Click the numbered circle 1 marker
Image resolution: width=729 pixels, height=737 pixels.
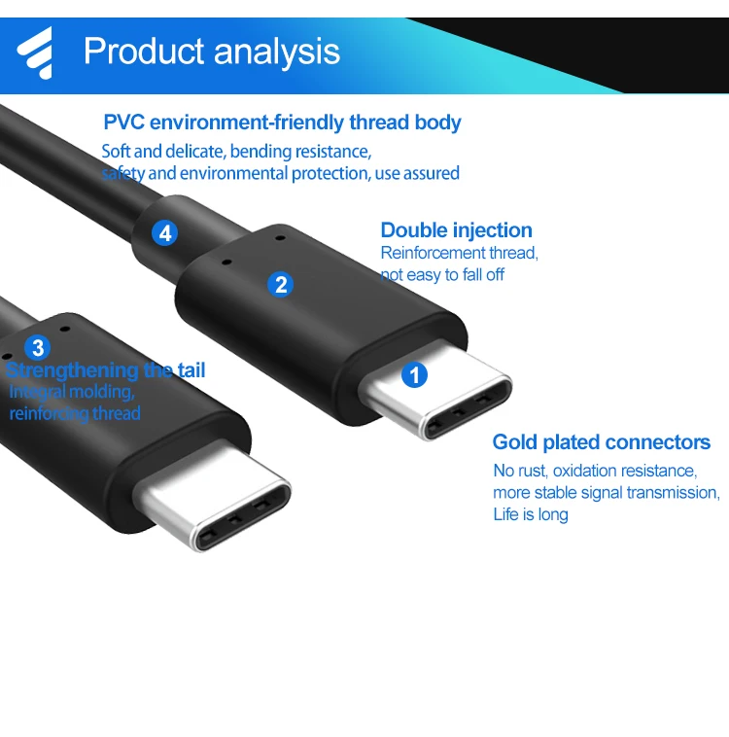pos(415,374)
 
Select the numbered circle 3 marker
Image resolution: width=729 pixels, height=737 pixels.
pos(38,347)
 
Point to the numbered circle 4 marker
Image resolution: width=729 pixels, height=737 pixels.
pos(165,233)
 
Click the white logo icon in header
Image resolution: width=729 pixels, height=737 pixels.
pos(36,52)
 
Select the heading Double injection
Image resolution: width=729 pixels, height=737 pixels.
pos(456,230)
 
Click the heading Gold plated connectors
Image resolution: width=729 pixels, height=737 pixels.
pos(601,442)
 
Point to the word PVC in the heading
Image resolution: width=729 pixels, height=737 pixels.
pos(123,123)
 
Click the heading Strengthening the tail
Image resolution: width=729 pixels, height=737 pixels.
pos(105,370)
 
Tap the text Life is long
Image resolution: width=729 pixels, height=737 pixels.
pos(530,514)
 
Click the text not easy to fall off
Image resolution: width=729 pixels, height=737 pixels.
pos(442,275)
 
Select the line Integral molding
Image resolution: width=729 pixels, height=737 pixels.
pos(71,392)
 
